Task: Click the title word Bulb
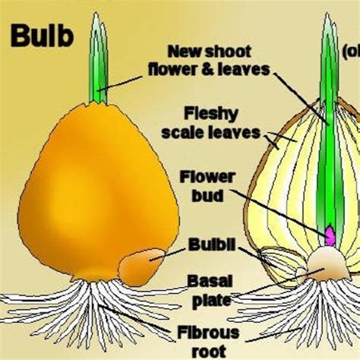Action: pyautogui.click(x=43, y=36)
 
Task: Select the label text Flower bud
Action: pyautogui.click(x=207, y=185)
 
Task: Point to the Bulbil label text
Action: pyautogui.click(x=210, y=245)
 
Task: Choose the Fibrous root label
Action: pyautogui.click(x=208, y=340)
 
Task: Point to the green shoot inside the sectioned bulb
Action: pyautogui.click(x=327, y=152)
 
